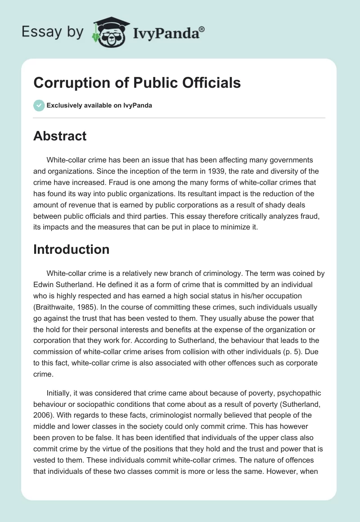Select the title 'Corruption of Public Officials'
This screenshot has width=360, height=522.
coord(137,83)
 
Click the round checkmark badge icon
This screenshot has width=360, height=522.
coord(38,106)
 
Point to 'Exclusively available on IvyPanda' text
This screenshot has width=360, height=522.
coord(99,106)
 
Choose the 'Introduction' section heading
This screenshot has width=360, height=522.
coord(72,249)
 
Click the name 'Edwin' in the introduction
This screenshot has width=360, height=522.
coord(44,285)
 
